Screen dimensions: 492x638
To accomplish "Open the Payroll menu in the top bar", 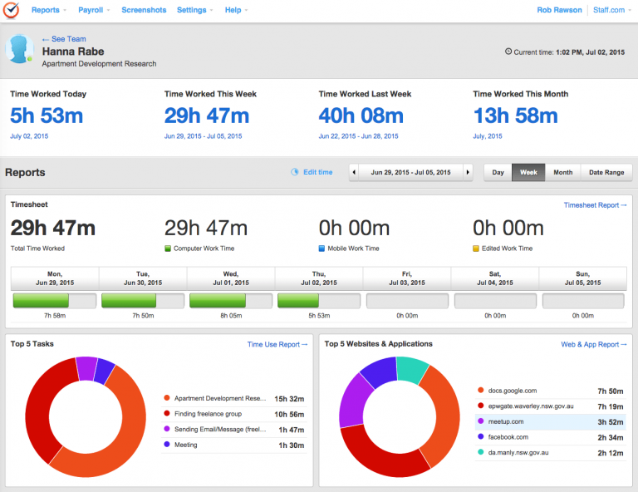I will click(93, 10).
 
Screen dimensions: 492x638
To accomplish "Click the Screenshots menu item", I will click(144, 10).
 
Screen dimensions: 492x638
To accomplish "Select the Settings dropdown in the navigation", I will click(194, 10).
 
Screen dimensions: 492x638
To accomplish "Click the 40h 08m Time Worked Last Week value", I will click(361, 116).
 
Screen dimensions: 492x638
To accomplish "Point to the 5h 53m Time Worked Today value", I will click(47, 116).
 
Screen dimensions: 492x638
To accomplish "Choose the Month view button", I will click(562, 172).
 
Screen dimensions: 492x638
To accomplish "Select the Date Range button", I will click(607, 172).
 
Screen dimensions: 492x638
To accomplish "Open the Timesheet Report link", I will click(595, 204).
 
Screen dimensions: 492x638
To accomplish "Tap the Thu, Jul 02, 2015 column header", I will click(319, 278).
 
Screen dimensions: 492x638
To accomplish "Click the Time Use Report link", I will click(277, 344).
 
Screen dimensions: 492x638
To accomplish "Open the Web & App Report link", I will click(594, 344).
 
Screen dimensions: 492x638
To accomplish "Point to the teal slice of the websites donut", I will click(414, 369).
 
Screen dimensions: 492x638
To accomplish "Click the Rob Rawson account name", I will click(560, 10).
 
